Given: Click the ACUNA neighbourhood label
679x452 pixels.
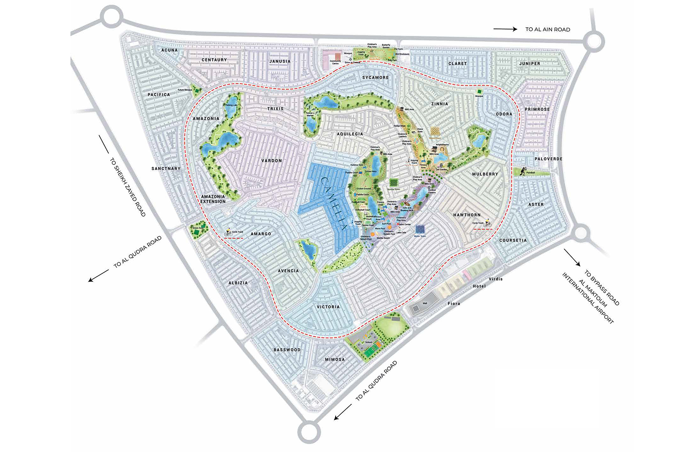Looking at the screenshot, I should coord(170,50).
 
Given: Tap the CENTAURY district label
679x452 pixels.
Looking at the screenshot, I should coord(214,60).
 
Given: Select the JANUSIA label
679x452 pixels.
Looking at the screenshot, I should coord(280,61).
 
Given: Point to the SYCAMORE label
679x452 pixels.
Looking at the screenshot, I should coord(376,77).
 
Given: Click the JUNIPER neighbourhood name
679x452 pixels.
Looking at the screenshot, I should coord(530,64).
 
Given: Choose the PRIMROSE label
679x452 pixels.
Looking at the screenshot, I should coord(537,109).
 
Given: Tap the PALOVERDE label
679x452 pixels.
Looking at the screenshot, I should coord(549,159).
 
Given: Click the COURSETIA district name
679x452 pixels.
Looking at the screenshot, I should coord(513,240).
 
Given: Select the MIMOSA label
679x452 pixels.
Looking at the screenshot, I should coord(335,360).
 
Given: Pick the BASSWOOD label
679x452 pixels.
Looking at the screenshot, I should coord(287,350).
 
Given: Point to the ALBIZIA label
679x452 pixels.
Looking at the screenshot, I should coord(238,283).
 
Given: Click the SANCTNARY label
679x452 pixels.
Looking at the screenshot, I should coord(166,169).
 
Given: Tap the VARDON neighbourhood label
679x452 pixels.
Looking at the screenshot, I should coord(272,161).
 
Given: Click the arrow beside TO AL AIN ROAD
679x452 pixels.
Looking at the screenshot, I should coord(505,29).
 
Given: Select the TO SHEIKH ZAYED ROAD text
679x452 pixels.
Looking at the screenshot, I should coord(128,187).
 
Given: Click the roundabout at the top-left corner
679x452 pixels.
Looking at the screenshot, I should coord(111,17).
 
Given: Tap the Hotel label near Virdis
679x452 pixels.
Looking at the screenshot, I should coord(479,286).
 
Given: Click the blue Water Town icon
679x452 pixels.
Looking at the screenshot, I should coord(420,229).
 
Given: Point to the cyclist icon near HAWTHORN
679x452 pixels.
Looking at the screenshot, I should coord(488,224).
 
